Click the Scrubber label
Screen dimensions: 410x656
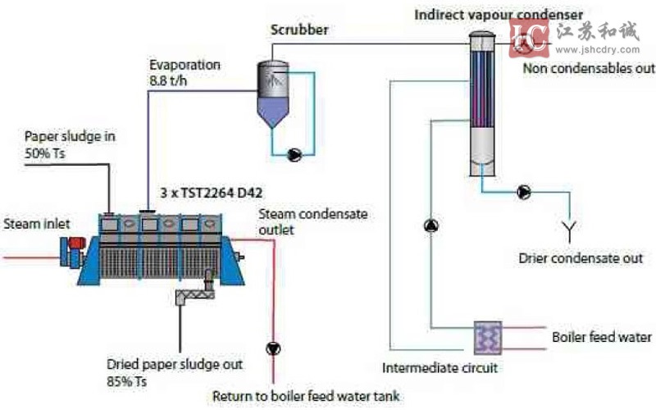[299, 30]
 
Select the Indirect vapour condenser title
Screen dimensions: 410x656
[499, 14]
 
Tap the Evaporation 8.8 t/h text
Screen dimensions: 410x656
[184, 73]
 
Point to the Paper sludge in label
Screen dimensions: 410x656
[68, 144]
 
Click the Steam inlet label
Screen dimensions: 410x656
[35, 224]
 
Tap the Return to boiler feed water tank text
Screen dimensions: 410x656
[306, 397]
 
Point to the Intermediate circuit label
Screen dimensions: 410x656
[440, 367]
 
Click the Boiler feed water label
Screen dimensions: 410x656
[602, 337]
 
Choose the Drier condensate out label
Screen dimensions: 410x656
[581, 259]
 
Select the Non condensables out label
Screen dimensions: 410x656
[589, 69]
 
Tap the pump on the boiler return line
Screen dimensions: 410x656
[271, 346]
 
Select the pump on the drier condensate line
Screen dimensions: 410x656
[524, 193]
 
